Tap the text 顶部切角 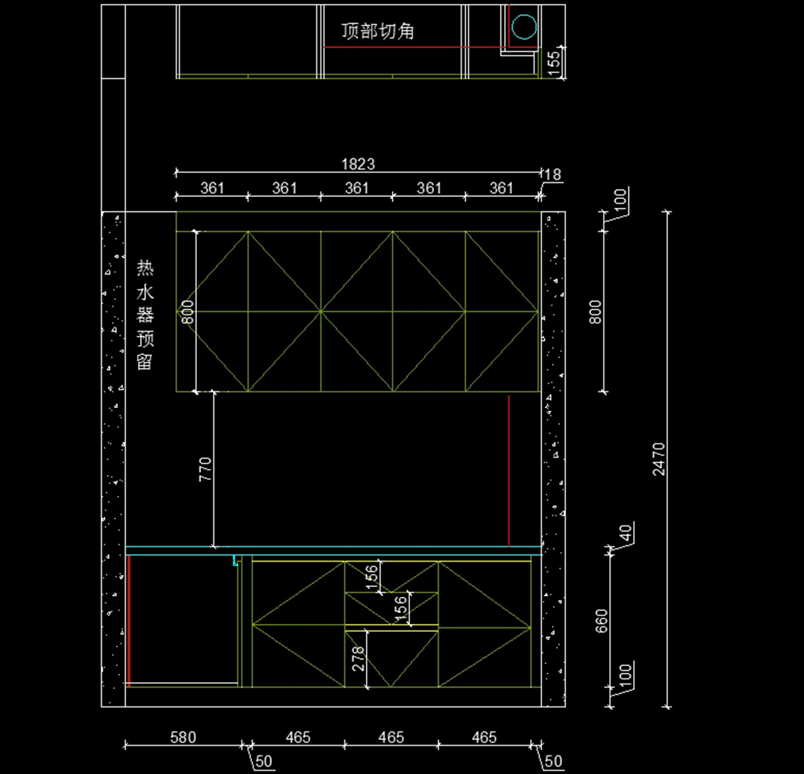click(378, 31)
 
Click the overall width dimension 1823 click(358, 164)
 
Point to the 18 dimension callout click(552, 174)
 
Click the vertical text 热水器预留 click(145, 314)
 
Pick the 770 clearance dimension click(205, 469)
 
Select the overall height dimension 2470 click(659, 459)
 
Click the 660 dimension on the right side click(602, 621)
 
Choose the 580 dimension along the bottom click(183, 737)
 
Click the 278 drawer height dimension click(358, 658)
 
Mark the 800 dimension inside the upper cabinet click(188, 312)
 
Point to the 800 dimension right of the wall click(596, 312)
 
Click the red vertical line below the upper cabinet click(509, 470)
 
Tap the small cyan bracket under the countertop click(235, 561)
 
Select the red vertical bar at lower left click(129, 621)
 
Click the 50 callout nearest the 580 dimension click(263, 761)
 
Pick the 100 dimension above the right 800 click(620, 199)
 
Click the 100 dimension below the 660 click(626, 675)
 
